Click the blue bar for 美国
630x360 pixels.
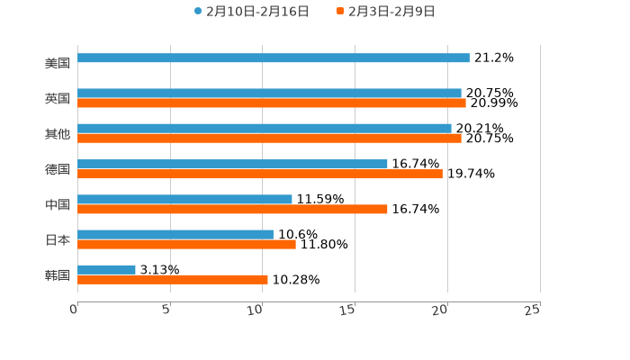[273, 58]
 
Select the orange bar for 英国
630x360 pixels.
[271, 103]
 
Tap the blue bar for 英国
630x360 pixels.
[269, 94]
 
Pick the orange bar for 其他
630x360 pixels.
[269, 139]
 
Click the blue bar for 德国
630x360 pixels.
[232, 165]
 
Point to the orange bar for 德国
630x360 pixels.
[259, 174]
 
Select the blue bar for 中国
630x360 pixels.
[184, 200]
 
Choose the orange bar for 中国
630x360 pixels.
[232, 209]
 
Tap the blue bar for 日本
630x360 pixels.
[175, 235]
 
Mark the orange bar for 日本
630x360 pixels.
[186, 244]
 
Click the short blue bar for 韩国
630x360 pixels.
[106, 270]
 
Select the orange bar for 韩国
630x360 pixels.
[173, 280]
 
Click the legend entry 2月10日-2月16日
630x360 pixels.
[252, 12]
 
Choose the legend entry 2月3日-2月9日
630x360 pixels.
[386, 12]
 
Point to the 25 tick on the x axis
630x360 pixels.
[532, 310]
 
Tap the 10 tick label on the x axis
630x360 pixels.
[256, 310]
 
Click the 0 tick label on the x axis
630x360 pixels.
[74, 310]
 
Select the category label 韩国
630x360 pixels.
[57, 274]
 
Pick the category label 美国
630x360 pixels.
[57, 64]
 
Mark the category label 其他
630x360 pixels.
[57, 134]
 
